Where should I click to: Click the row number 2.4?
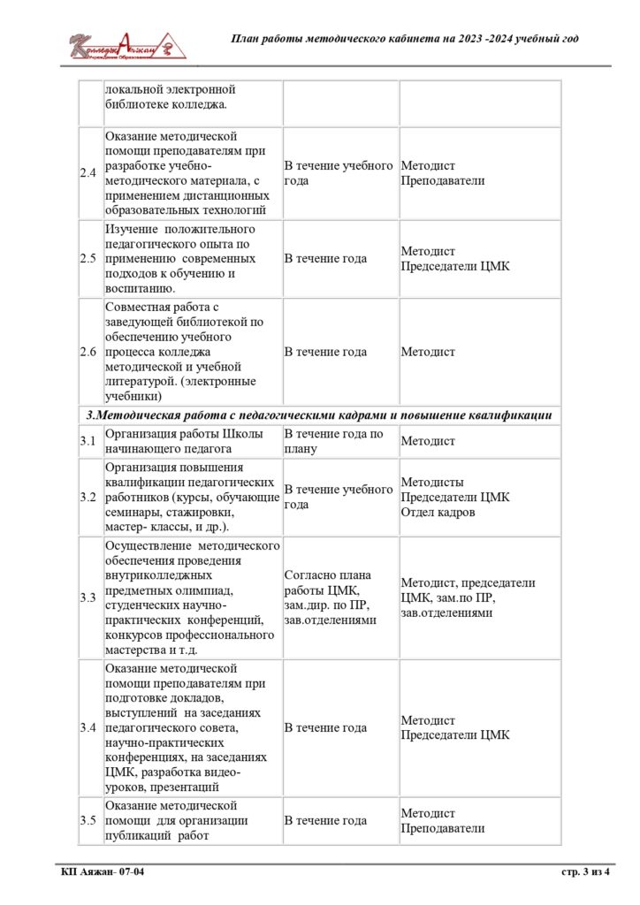(x=88, y=173)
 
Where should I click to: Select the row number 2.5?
(x=88, y=259)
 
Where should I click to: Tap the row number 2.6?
(x=88, y=352)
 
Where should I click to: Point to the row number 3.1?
(x=88, y=441)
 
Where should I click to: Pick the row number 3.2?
(x=88, y=497)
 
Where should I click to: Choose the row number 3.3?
(x=88, y=597)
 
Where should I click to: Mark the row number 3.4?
(x=88, y=727)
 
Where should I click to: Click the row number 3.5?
(x=88, y=820)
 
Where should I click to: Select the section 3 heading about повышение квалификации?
(x=319, y=414)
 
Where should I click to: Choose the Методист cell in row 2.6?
(x=428, y=352)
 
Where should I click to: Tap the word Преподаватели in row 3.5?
(x=443, y=828)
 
